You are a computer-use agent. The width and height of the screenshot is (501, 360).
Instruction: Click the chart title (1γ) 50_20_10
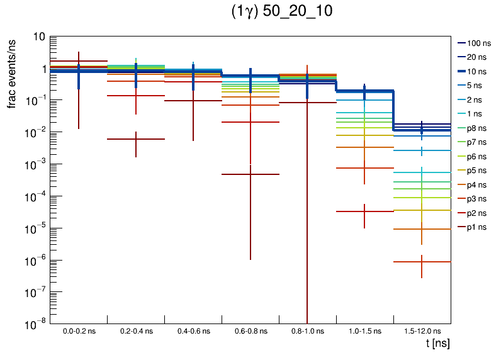(282, 13)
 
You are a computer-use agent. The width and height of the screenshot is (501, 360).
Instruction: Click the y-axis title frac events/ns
(12, 72)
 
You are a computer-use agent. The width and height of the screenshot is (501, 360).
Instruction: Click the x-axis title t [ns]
(436, 344)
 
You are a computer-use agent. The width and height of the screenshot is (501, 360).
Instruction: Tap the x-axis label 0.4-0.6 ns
(193, 330)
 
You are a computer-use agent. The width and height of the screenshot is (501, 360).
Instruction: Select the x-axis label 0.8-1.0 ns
(307, 330)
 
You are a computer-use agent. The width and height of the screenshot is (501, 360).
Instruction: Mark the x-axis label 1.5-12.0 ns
(422, 330)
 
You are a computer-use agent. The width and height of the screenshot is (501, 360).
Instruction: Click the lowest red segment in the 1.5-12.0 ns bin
(422, 262)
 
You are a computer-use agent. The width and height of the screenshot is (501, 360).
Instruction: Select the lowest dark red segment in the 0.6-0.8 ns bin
(250, 174)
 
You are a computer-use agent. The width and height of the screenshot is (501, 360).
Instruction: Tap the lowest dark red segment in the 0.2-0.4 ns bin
(136, 139)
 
